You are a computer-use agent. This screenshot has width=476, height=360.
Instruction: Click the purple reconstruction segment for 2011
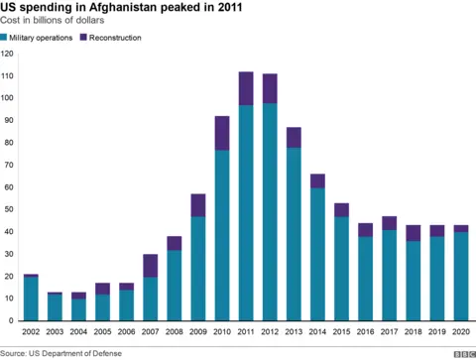pyautogui.click(x=245, y=88)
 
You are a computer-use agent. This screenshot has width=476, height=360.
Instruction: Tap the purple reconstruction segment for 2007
pyautogui.click(x=150, y=266)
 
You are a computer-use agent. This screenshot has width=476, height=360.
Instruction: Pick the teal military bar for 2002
pyautogui.click(x=31, y=299)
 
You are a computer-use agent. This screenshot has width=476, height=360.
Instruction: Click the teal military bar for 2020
pyautogui.click(x=461, y=277)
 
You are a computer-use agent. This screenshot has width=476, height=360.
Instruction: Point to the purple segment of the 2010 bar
pyautogui.click(x=221, y=133)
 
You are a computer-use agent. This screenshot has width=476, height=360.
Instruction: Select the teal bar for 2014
pyautogui.click(x=317, y=254)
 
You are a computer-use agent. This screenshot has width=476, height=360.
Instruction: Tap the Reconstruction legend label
pyautogui.click(x=115, y=38)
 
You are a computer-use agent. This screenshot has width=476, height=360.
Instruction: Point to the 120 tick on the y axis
pyautogui.click(x=8, y=54)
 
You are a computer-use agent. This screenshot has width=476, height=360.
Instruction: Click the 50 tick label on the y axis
pyautogui.click(x=9, y=209)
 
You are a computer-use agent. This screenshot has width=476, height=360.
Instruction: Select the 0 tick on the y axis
pyautogui.click(x=11, y=320)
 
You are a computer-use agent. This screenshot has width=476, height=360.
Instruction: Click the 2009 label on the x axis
pyautogui.click(x=197, y=332)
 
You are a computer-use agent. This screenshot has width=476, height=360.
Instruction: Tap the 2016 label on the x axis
pyautogui.click(x=365, y=332)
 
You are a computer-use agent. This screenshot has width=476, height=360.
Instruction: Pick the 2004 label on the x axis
pyautogui.click(x=78, y=332)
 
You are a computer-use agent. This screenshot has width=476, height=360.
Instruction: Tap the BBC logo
pyautogui.click(x=462, y=352)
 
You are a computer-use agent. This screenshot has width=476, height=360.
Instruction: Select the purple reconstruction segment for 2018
pyautogui.click(x=413, y=233)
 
